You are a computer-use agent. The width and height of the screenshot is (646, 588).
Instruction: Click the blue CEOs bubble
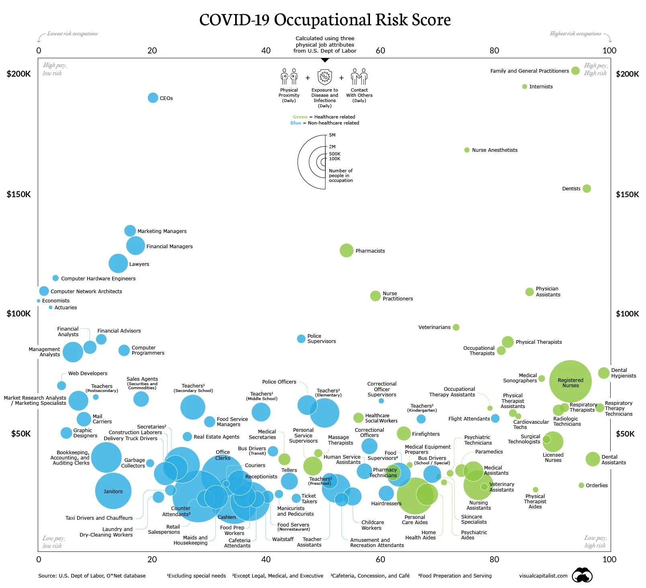(153, 98)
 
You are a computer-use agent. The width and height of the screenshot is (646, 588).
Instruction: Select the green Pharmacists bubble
(346, 250)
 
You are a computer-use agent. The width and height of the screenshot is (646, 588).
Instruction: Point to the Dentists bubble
(587, 188)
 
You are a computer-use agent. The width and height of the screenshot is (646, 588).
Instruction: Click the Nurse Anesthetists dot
(467, 150)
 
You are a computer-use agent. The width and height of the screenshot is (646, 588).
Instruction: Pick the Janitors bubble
(113, 491)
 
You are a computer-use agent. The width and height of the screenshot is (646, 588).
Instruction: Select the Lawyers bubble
(118, 263)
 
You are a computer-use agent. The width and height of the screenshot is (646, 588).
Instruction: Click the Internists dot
(524, 86)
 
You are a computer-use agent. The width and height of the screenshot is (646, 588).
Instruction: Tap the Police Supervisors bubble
(301, 339)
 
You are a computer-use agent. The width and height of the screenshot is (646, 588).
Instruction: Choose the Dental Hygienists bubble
(603, 373)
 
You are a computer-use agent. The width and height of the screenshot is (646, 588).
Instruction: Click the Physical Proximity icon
(289, 76)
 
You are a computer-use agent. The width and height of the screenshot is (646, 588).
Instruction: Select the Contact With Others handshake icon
(359, 76)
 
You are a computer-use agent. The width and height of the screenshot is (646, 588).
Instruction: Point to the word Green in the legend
(300, 117)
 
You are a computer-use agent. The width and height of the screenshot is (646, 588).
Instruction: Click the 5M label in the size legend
(332, 135)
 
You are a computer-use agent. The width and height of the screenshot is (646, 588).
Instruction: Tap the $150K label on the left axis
(19, 194)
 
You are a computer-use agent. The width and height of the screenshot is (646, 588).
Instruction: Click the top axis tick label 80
(494, 51)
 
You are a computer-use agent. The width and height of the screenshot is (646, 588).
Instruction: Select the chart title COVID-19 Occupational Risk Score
(325, 20)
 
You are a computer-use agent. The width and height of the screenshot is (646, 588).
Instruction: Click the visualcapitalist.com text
(543, 576)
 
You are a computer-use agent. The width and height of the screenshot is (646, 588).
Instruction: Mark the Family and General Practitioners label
(529, 71)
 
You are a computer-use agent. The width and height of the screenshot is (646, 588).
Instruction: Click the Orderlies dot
(581, 485)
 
